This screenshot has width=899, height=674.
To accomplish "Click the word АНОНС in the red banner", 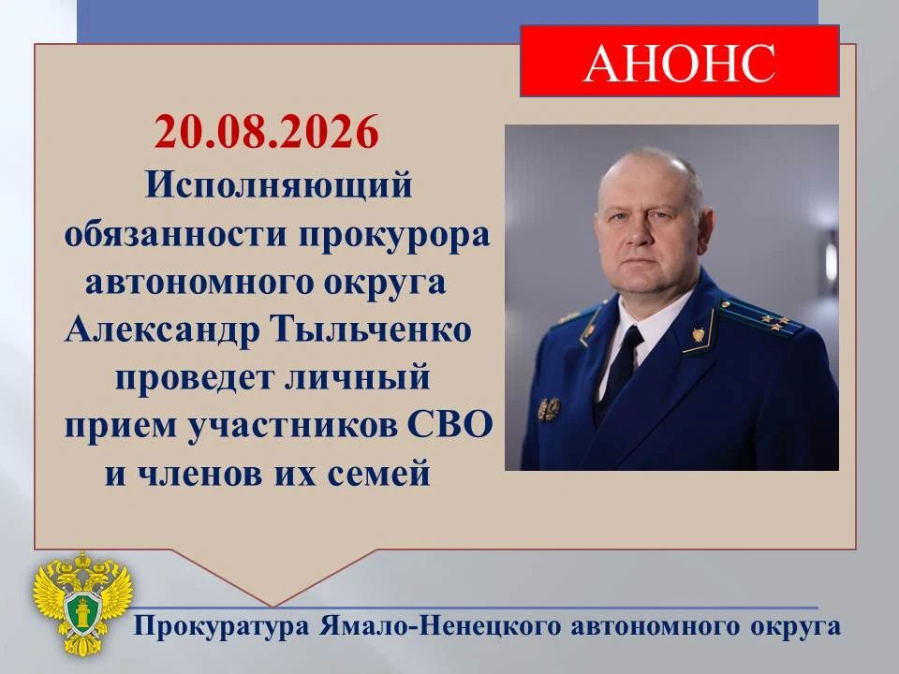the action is pyautogui.click(x=680, y=63).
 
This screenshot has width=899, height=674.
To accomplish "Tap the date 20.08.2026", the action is pyautogui.click(x=267, y=132).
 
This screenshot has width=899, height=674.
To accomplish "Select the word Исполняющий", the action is pyautogui.click(x=278, y=186).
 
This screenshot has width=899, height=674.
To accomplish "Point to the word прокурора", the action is pyautogui.click(x=394, y=237).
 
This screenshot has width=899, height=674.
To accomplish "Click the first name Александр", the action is pyautogui.click(x=162, y=330).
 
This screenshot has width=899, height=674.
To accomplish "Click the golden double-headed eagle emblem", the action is pyautogui.click(x=83, y=603).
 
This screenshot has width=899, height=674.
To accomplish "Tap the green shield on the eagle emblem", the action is pyautogui.click(x=83, y=611).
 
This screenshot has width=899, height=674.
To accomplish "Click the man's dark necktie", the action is pyautogui.click(x=618, y=373).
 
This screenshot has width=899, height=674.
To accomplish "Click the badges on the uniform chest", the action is pyautogui.click(x=549, y=408).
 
